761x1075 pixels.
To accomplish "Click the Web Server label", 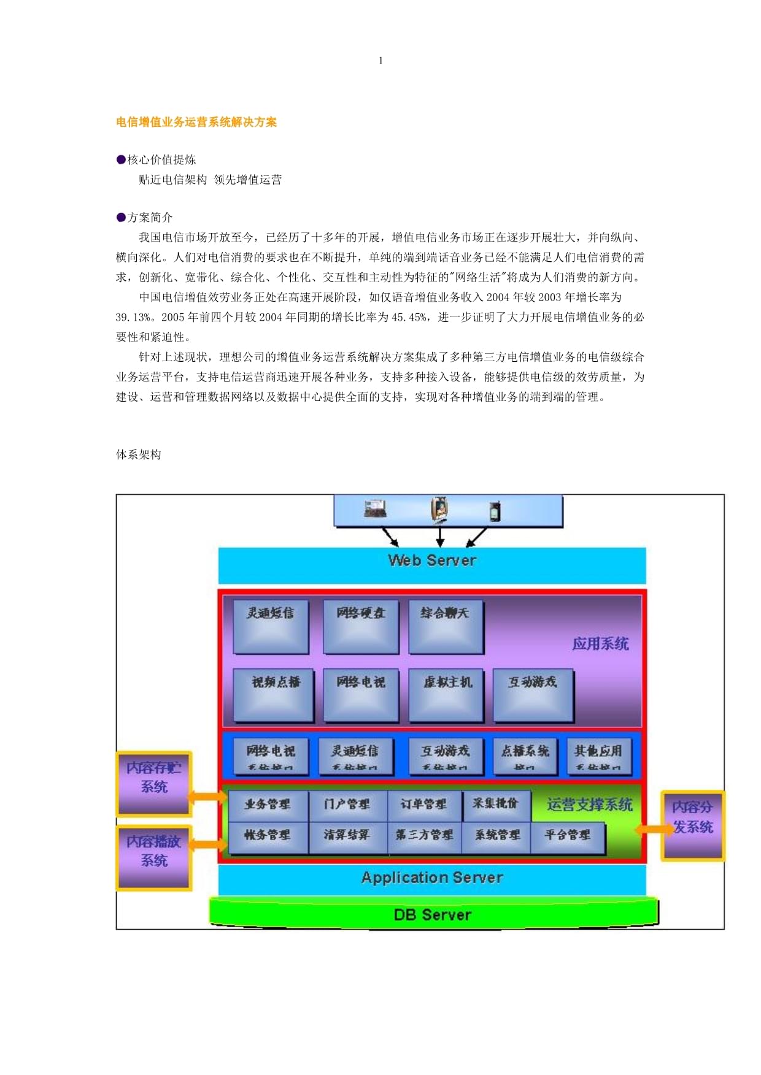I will click(432, 560).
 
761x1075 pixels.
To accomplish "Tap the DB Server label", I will click(432, 915).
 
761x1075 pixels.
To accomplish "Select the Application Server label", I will click(432, 878).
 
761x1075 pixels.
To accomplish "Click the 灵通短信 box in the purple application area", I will click(271, 627).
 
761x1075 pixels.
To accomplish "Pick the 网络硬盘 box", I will click(361, 627).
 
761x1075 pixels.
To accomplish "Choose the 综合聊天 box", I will click(446, 627).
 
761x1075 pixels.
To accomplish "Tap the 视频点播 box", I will click(274, 695).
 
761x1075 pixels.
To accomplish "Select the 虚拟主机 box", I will click(446, 695).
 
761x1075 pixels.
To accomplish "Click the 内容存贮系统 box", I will click(154, 783).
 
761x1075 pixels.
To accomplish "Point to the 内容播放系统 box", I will click(154, 857).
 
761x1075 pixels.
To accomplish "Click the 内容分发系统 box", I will click(692, 825).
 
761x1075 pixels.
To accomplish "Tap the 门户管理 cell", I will click(347, 805).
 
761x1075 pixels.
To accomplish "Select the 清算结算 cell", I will click(347, 835).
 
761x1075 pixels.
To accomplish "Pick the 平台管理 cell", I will click(568, 835).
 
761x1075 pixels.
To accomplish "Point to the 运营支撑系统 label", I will click(589, 805).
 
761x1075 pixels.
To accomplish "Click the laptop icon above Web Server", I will click(375, 508).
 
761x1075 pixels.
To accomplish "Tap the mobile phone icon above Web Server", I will click(495, 511).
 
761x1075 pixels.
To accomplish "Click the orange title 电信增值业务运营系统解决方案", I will click(196, 122).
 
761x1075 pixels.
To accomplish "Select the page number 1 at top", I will click(381, 60).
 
